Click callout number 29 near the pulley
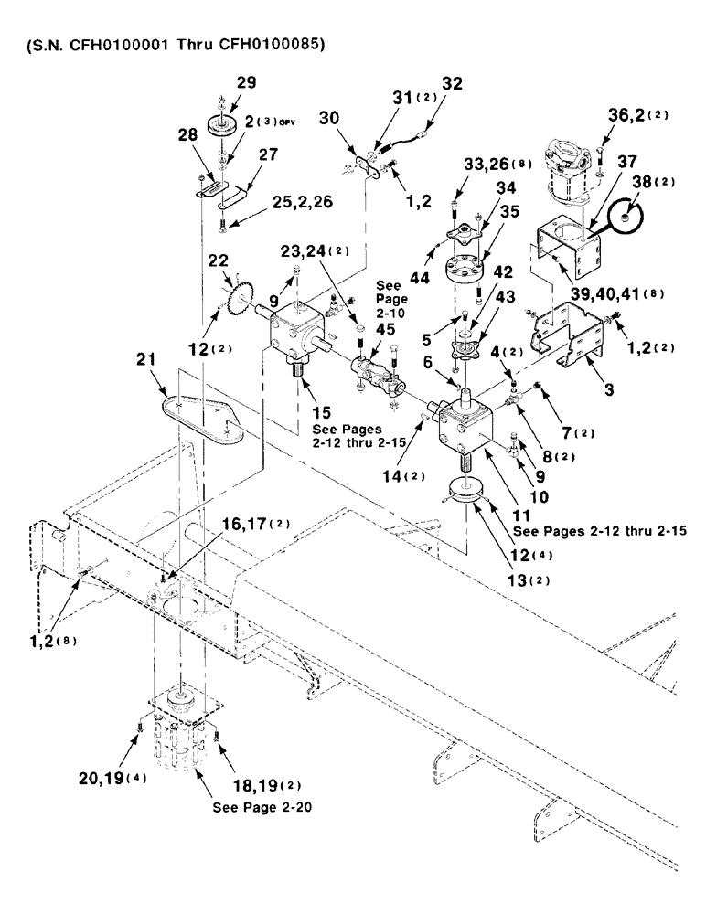tap(246, 82)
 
